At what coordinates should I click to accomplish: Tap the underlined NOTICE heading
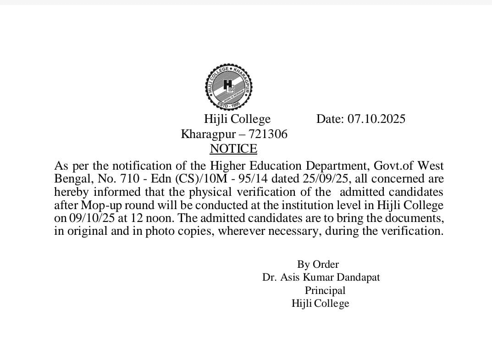click(233, 149)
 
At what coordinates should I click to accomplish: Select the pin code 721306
click(268, 134)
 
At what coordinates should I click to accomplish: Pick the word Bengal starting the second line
click(69, 178)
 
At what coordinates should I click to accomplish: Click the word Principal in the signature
click(325, 290)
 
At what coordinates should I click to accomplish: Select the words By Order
click(318, 264)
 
